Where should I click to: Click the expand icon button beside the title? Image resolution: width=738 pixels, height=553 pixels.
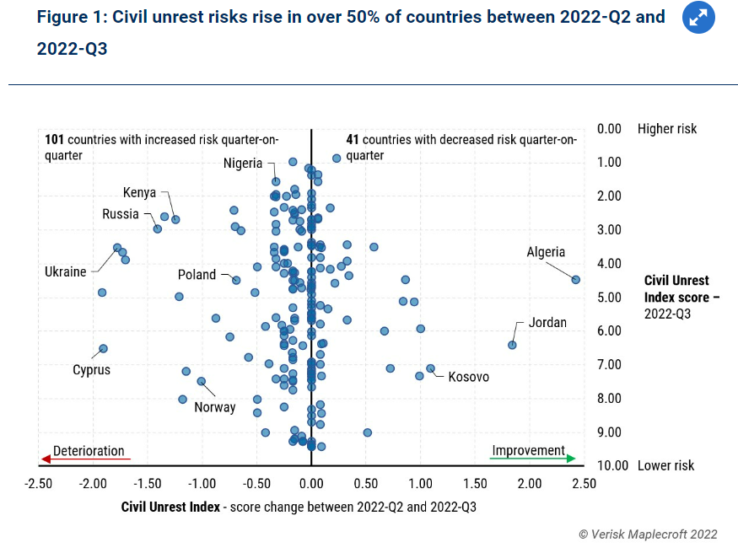pyautogui.click(x=698, y=18)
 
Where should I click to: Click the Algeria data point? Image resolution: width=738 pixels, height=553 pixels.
pyautogui.click(x=576, y=279)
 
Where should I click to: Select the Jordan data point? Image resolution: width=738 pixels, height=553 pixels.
pyautogui.click(x=512, y=345)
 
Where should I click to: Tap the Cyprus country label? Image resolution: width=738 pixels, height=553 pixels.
pyautogui.click(x=91, y=369)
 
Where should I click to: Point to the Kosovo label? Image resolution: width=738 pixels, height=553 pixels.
pyautogui.click(x=469, y=377)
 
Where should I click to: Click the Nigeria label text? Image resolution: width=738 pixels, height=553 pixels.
pyautogui.click(x=243, y=164)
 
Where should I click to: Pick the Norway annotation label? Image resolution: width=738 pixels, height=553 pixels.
pyautogui.click(x=214, y=407)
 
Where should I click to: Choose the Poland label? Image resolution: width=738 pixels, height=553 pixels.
pyautogui.click(x=197, y=275)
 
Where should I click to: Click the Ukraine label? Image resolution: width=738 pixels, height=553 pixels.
pyautogui.click(x=66, y=271)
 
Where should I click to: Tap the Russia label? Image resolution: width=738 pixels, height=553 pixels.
pyautogui.click(x=121, y=214)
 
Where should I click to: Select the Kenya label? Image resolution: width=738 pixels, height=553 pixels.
pyautogui.click(x=140, y=192)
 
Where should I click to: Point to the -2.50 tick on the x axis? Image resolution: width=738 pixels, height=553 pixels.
pyautogui.click(x=39, y=484)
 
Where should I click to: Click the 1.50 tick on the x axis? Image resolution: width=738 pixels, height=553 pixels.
pyautogui.click(x=475, y=484)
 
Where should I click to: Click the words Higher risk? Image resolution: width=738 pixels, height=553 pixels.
pyautogui.click(x=667, y=129)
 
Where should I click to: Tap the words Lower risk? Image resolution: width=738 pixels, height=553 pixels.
pyautogui.click(x=666, y=465)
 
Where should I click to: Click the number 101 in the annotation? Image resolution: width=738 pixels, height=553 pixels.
pyautogui.click(x=55, y=139)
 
